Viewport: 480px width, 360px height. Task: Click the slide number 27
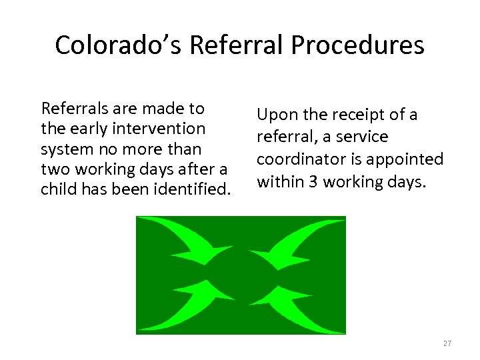(x=447, y=343)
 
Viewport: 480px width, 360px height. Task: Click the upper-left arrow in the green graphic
(x=187, y=240)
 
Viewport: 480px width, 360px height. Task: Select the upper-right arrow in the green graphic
(x=293, y=240)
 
